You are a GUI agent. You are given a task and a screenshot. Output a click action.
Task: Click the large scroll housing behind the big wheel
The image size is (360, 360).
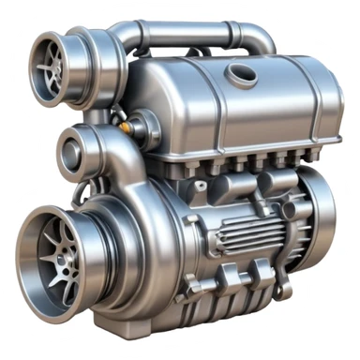[x=141, y=216]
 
